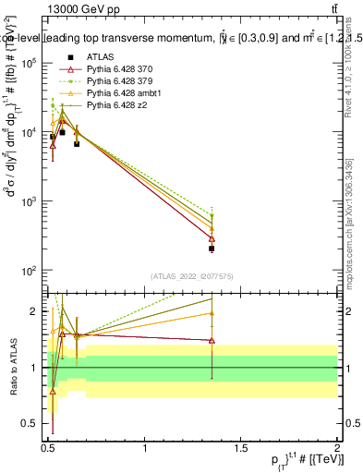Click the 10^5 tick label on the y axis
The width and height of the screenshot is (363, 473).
(28, 63)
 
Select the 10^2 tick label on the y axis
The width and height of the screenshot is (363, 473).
(28, 271)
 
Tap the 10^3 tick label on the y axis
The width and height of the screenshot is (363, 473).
(28, 201)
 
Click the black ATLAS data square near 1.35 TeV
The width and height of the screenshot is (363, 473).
(212, 249)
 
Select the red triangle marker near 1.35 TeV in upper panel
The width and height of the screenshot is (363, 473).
(212, 238)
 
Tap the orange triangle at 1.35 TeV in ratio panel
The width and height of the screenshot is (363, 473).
(212, 313)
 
